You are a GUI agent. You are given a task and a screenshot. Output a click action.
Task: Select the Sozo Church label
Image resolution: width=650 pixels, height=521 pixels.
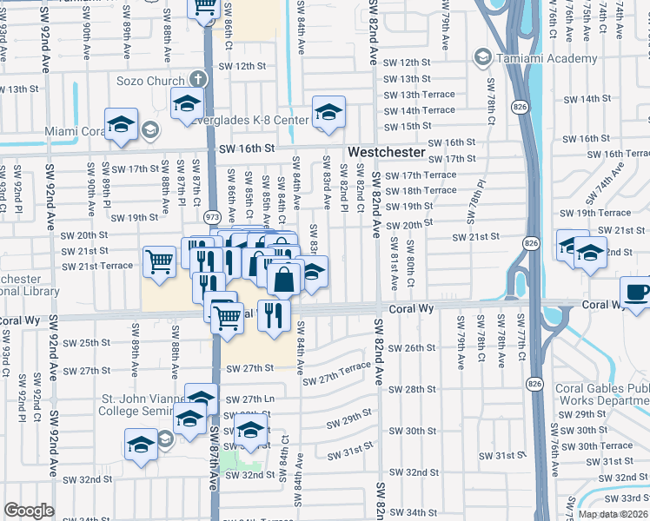(153, 80)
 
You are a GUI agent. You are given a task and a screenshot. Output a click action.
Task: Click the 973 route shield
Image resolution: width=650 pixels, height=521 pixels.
(211, 214)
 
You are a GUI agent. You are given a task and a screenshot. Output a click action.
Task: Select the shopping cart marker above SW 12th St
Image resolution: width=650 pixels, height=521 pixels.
(205, 8)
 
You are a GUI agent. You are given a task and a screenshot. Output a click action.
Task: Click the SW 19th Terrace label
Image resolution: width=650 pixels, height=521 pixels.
(596, 213)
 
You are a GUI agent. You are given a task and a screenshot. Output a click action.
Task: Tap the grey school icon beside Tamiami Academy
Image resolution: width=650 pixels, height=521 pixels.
(481, 57)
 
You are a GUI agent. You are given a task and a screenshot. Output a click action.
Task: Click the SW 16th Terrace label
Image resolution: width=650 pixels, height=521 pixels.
(614, 154)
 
